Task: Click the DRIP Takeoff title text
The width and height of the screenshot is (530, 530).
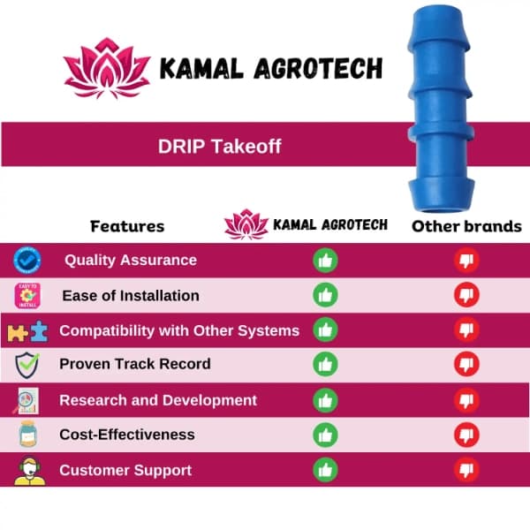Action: (220, 147)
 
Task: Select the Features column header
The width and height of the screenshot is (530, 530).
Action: (127, 226)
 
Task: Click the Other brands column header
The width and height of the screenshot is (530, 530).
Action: (466, 226)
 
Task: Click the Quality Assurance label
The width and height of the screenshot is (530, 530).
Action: (131, 261)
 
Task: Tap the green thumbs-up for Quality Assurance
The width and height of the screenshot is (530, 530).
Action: (326, 261)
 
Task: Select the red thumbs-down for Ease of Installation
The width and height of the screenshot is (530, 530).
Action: (466, 295)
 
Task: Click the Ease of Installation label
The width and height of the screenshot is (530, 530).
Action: (131, 295)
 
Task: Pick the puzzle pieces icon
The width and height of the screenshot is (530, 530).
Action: (26, 331)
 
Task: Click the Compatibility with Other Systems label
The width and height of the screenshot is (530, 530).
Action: (179, 330)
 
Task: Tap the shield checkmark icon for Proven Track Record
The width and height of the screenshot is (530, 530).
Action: (26, 364)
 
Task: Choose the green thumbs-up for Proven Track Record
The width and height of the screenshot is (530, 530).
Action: (326, 364)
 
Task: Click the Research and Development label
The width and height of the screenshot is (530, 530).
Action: (158, 400)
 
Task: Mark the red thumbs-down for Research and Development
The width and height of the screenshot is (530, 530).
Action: (466, 400)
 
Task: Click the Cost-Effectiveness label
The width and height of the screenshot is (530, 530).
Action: (127, 435)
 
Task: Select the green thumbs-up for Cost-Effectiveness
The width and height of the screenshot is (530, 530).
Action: (326, 435)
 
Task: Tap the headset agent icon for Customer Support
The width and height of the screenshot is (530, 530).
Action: (26, 470)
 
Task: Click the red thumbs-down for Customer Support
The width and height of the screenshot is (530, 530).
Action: (466, 470)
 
